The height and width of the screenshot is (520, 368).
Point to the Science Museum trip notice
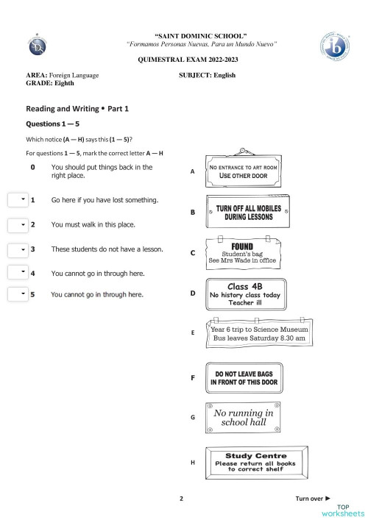coord(258,335)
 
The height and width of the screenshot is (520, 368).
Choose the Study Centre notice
coord(256,461)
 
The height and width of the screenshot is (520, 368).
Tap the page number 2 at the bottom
coord(181,498)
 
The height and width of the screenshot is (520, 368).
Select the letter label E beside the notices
coord(193,332)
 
